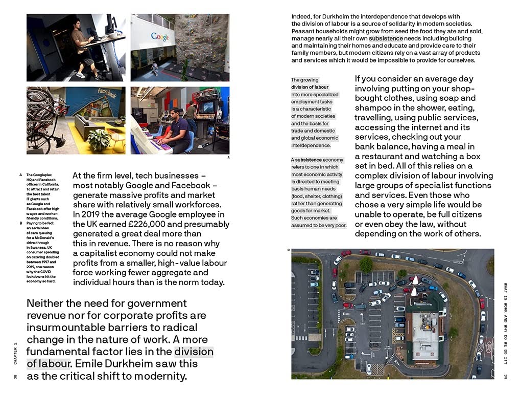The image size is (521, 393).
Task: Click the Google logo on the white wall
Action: click(160, 37)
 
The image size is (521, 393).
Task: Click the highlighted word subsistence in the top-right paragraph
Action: click(389, 38)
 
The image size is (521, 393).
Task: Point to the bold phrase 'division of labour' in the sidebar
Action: click(310, 87)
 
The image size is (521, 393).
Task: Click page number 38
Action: click(16, 377)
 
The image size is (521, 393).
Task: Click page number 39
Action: click(505, 377)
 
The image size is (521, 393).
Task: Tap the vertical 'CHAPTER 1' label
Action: click(16, 353)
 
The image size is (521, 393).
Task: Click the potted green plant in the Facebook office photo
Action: click(99, 138)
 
